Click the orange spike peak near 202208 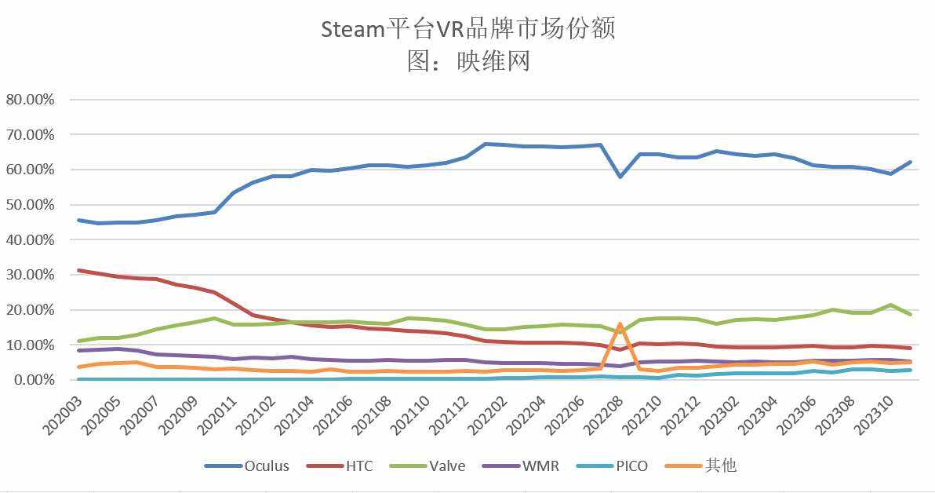coord(620,323)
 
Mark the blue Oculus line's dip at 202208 coord(620,177)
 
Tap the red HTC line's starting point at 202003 coord(79,270)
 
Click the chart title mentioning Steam coord(467,29)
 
